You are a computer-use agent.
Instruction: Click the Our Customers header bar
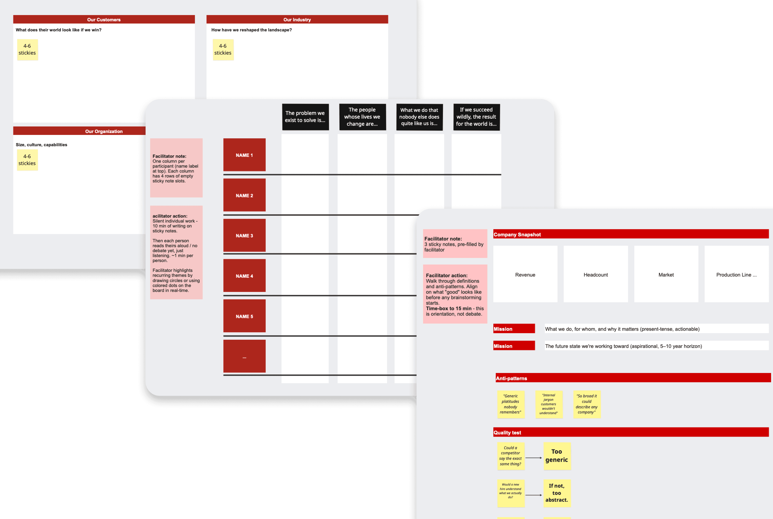[x=104, y=20]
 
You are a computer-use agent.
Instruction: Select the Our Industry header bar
[x=297, y=20]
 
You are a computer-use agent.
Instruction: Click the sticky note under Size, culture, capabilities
[x=27, y=160]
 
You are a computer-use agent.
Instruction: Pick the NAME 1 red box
[x=244, y=155]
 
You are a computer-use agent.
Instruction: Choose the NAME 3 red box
[x=244, y=235]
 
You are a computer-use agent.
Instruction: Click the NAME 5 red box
[x=244, y=316]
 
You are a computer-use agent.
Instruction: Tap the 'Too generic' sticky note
[x=557, y=456]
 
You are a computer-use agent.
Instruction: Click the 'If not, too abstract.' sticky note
[x=557, y=493]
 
